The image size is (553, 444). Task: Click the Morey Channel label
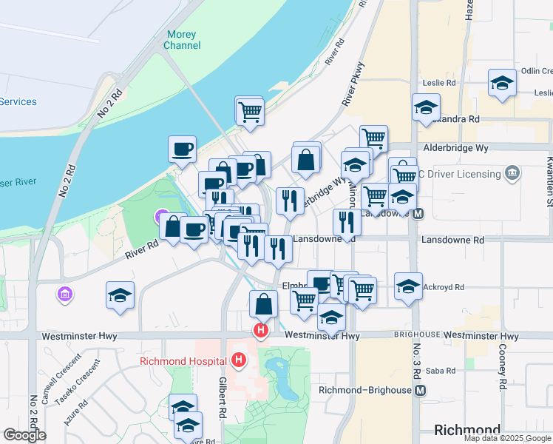[182, 40]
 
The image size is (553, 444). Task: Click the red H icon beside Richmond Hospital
[238, 360]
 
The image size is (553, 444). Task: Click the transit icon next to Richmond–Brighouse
[421, 390]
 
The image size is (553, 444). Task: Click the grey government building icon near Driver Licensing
[511, 174]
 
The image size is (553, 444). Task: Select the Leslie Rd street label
[439, 84]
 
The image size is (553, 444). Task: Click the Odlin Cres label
[536, 71]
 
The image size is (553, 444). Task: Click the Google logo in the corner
[24, 435]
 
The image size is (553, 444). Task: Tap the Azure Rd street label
[75, 409]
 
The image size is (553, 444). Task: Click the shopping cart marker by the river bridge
[250, 112]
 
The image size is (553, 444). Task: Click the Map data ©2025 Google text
[507, 438]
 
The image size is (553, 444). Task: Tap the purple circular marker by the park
[161, 217]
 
